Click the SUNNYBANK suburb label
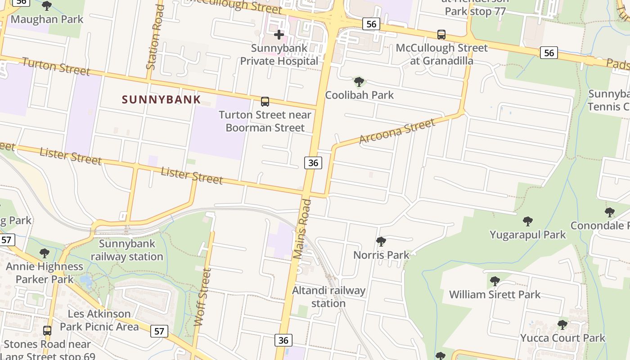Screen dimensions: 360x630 pos(161,99)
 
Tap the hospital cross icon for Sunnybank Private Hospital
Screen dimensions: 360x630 pos(279,35)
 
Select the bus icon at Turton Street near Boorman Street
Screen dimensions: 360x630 pos(265,102)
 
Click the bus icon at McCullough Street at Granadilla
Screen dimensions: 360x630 pos(441,35)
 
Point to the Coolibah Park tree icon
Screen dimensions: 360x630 pos(359,82)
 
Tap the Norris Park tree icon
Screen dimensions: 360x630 pos(381,242)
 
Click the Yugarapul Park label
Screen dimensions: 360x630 pos(527,234)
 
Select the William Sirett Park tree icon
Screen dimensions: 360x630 pos(495,282)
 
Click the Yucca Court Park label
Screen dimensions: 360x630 pos(562,337)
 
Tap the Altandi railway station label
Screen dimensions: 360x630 pos(328,297)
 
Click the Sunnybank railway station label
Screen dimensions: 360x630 pos(127,250)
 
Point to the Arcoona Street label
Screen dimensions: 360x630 pos(397,131)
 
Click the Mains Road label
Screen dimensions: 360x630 pos(302,229)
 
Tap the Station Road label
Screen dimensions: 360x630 pos(154,37)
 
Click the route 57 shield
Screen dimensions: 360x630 pos(159,332)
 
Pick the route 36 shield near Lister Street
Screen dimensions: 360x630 pos(313,163)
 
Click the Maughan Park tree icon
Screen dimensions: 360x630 pos(46,6)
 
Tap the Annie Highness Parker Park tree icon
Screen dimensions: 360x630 pos(44,253)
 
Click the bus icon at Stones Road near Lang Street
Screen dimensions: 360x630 pos(47,331)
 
